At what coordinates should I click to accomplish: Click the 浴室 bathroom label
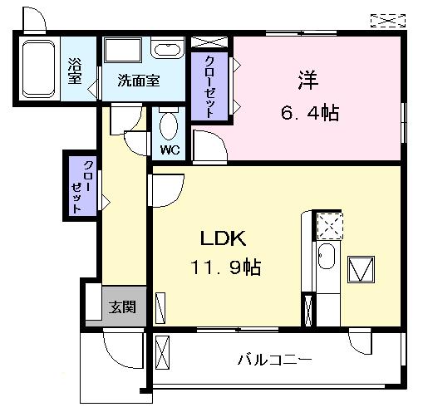pyautogui.click(x=75, y=71)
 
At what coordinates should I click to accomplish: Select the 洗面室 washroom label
pyautogui.click(x=139, y=81)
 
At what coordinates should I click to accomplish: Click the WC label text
pyautogui.click(x=170, y=150)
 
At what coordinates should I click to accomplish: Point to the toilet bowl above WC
pyautogui.click(x=169, y=126)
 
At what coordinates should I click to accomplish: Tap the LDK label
pyautogui.click(x=222, y=238)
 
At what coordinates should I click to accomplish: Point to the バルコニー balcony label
pyautogui.click(x=274, y=360)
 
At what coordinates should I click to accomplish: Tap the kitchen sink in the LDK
pyautogui.click(x=327, y=258)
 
